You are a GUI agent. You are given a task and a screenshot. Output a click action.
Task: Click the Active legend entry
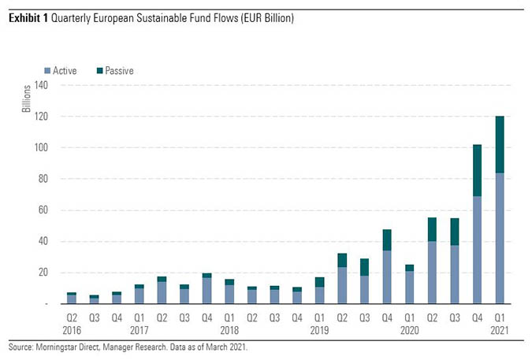pos(65,71)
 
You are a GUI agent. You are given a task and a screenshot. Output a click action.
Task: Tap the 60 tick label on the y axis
pos(41,210)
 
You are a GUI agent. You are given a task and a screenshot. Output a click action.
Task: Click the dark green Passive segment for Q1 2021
pos(499,145)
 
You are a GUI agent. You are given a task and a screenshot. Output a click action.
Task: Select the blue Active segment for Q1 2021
pos(499,238)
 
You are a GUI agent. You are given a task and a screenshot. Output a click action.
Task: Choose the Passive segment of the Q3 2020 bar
pos(454,232)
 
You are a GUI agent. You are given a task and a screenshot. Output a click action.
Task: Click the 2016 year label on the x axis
pos(72,329)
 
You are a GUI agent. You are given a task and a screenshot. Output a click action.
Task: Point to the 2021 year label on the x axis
pos(499,329)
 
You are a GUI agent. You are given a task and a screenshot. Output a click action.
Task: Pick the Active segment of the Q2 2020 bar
pos(432,273)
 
